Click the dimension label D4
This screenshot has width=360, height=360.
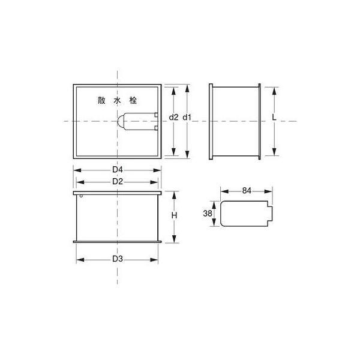point(118,170)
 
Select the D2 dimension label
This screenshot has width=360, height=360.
point(118,182)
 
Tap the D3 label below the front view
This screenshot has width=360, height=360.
point(118,259)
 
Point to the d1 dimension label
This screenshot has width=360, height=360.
point(187,118)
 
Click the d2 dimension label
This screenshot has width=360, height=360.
point(173,118)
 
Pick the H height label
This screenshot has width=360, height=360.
point(174,215)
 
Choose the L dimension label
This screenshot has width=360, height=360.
point(274,118)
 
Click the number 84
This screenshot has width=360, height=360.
point(247,191)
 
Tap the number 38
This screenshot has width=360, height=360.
point(208,214)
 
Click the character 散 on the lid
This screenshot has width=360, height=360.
point(101,100)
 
